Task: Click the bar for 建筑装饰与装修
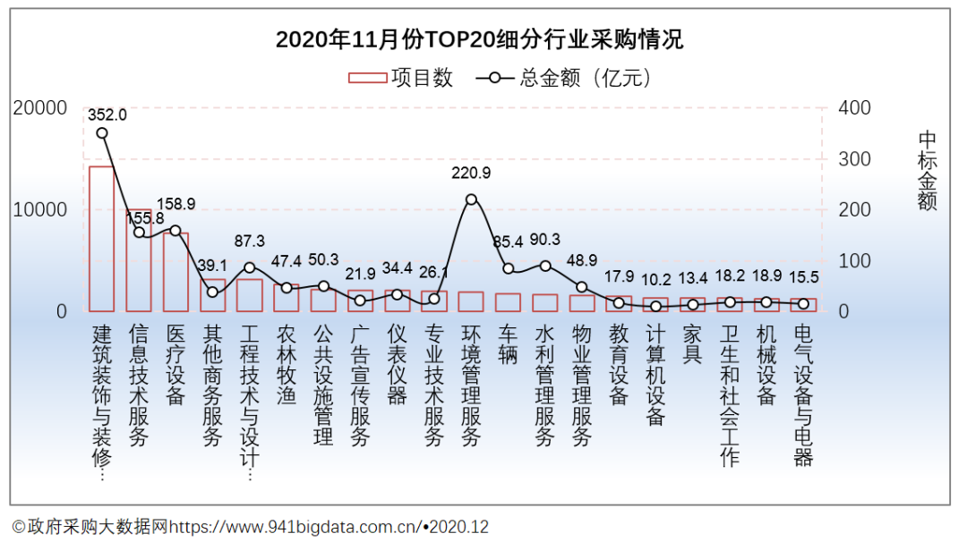[x=101, y=239]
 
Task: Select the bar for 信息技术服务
[x=139, y=260]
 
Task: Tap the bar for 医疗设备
[x=175, y=272]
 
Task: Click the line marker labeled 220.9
[x=472, y=199]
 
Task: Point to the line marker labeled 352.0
[x=102, y=133]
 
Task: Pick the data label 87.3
[x=250, y=241]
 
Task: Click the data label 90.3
[x=545, y=240]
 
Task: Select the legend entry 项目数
[x=401, y=78]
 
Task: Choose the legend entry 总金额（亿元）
[x=564, y=78]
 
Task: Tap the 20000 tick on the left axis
[x=40, y=108]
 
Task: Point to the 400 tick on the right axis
[x=853, y=108]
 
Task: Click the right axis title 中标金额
[x=927, y=170]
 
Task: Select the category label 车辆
[x=508, y=344]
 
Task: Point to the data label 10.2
[x=655, y=278]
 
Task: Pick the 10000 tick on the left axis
[x=40, y=210]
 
